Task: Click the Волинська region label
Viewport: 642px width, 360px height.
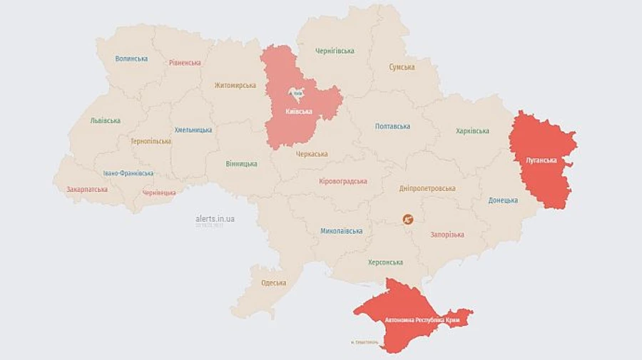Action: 131,58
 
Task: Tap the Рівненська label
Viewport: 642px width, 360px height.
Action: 185,63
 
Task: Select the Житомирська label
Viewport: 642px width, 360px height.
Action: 235,86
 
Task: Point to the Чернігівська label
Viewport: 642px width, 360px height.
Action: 335,51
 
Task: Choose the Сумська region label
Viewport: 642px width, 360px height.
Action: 402,67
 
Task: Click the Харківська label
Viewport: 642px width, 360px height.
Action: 472,131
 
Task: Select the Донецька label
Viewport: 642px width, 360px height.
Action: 503,200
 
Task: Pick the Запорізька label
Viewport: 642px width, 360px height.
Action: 447,235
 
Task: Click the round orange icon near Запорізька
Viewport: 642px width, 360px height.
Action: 408,220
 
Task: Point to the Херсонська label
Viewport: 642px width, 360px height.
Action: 385,262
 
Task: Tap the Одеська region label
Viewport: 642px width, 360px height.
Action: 273,283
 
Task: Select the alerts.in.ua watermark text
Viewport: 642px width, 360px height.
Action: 215,219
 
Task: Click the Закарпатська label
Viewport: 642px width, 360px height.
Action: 87,190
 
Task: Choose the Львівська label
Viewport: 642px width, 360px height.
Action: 106,120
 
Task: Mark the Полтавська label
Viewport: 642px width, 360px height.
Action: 392,126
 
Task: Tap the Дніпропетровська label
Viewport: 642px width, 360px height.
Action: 427,188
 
